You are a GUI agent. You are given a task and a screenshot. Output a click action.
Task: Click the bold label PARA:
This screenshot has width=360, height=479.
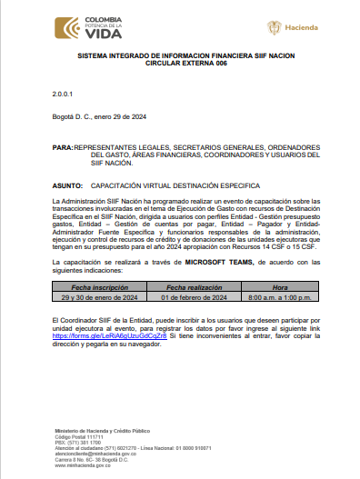pyautogui.click(x=63, y=146)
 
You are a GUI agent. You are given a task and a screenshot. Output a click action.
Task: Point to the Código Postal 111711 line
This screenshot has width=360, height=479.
pyautogui.click(x=78, y=435)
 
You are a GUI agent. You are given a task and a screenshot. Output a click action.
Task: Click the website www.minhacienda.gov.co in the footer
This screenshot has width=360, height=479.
pyautogui.click(x=85, y=464)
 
